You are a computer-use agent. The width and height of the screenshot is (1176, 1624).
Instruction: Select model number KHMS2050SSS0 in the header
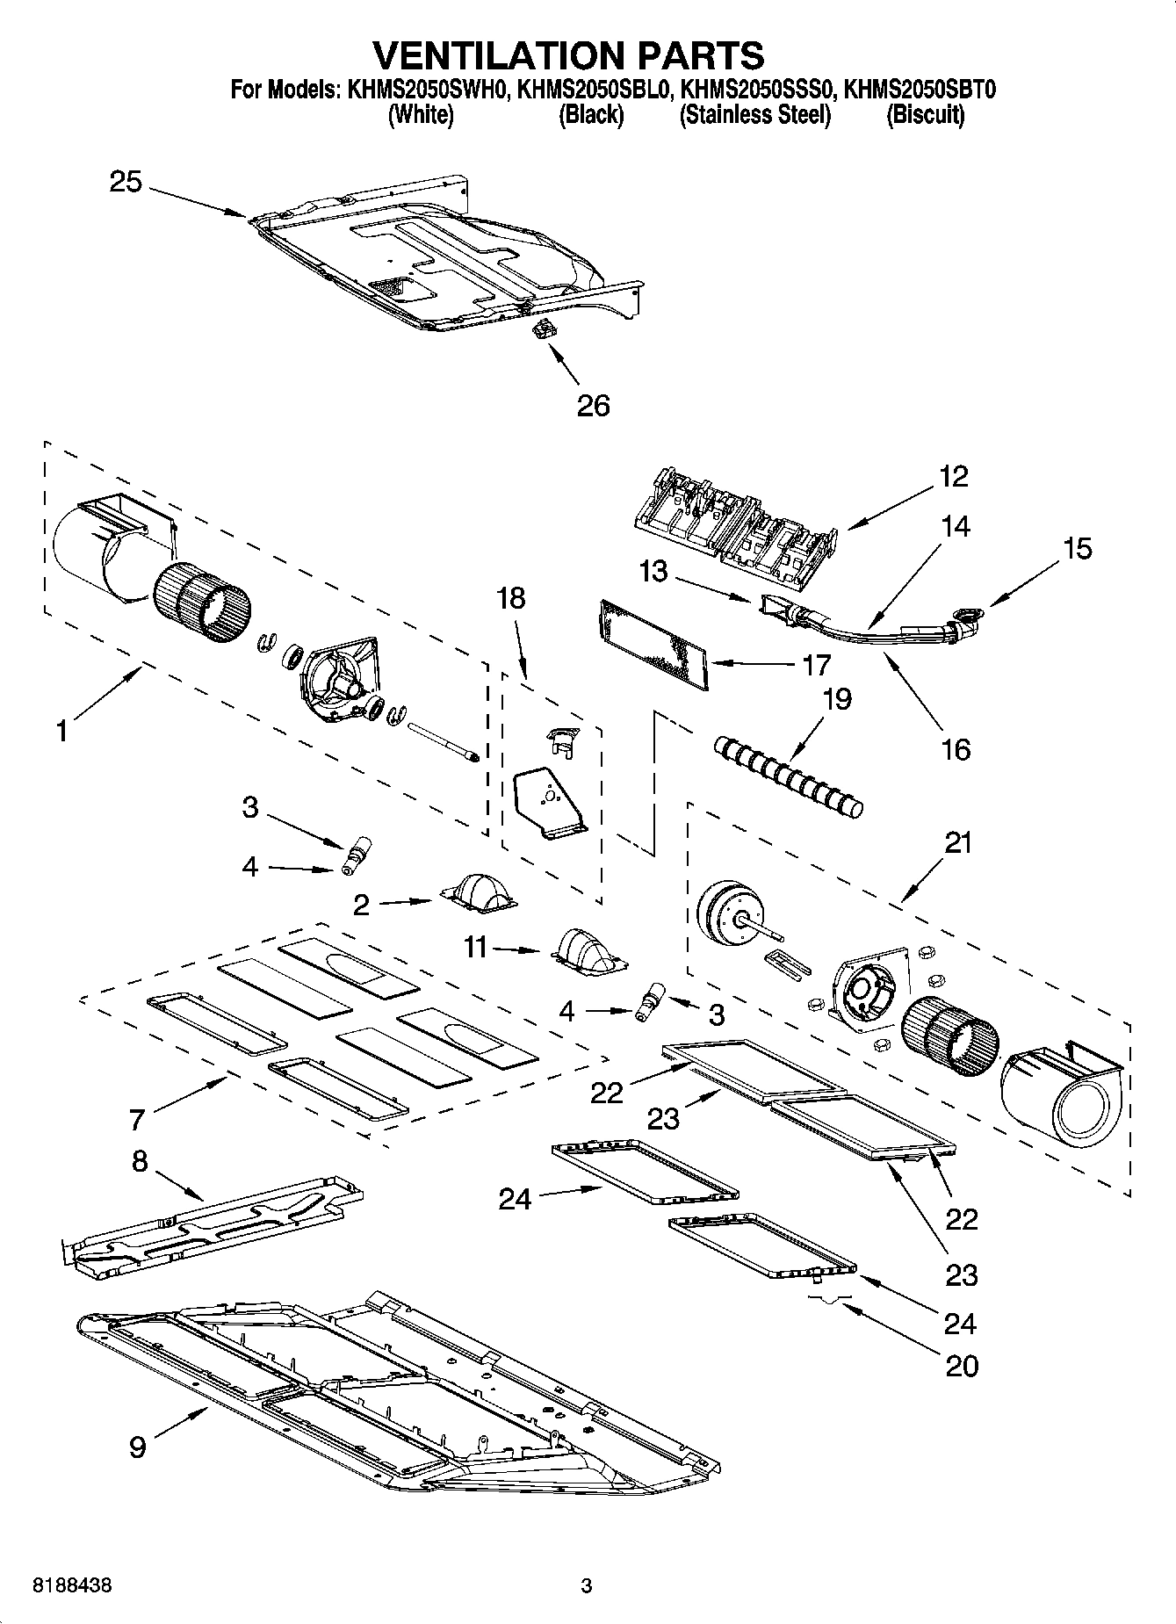tap(757, 89)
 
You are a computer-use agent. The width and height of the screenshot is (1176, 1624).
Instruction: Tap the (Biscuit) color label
tap(925, 115)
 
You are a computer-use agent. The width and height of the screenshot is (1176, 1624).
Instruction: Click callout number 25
tap(126, 182)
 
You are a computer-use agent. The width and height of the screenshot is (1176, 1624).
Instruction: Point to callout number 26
tap(593, 406)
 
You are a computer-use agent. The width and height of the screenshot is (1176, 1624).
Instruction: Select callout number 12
tap(954, 476)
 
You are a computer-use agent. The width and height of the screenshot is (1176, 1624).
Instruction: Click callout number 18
tap(510, 598)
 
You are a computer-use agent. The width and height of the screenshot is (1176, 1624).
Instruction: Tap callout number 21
tap(958, 842)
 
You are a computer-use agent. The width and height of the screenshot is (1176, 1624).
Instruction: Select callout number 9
tap(138, 1447)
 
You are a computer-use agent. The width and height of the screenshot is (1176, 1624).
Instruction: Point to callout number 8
tap(140, 1161)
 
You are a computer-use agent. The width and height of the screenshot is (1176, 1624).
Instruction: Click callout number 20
tap(962, 1366)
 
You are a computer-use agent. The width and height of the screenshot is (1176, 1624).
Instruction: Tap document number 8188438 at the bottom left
tap(72, 1586)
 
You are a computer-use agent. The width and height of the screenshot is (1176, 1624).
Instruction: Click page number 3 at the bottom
tap(587, 1586)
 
